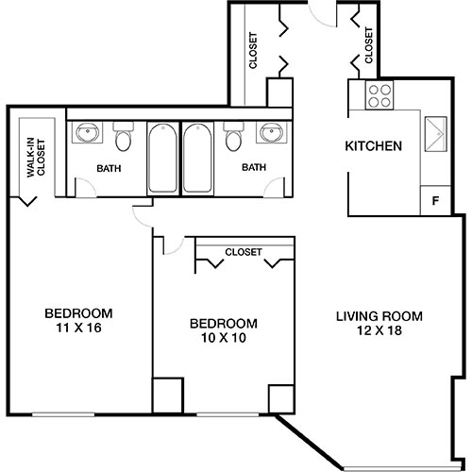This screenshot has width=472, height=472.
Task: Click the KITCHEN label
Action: pyautogui.click(x=374, y=146)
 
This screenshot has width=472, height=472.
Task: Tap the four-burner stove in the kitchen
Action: pyautogui.click(x=379, y=94)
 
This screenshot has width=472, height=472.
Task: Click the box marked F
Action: pyautogui.click(x=434, y=199)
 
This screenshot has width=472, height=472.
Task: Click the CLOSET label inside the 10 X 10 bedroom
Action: pyautogui.click(x=244, y=252)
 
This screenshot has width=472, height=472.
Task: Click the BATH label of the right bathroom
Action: pyautogui.click(x=254, y=168)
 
